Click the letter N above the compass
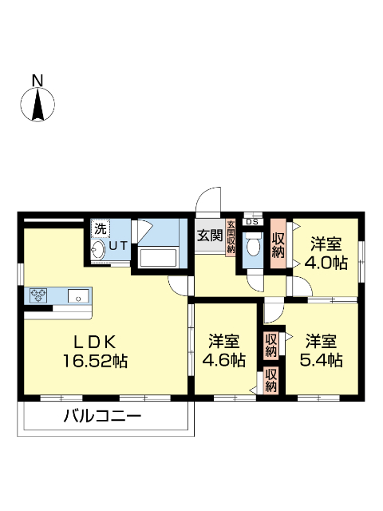tap(37, 80)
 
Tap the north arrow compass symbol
tap(37, 105)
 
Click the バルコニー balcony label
tap(101, 416)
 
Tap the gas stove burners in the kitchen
tap(39, 295)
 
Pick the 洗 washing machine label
tap(100, 228)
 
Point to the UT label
tap(118, 246)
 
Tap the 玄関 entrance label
tap(210, 236)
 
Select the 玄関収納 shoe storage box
tap(231, 237)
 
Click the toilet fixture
tap(253, 246)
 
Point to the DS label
tap(251, 221)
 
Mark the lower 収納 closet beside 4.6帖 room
tap(271, 380)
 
